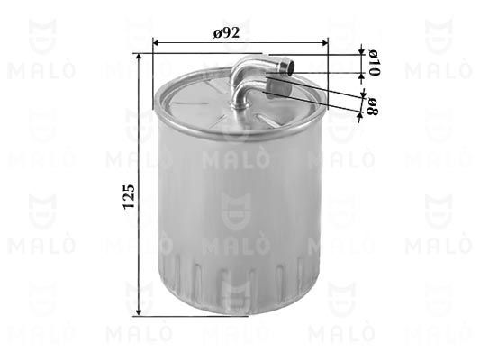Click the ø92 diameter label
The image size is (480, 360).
226,32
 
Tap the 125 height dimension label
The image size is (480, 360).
129,196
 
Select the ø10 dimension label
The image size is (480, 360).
374,63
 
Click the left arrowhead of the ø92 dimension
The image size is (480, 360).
155,43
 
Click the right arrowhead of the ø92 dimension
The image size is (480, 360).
325,43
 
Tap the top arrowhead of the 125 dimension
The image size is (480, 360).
139,57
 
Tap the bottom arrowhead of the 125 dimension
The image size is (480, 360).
139,312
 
